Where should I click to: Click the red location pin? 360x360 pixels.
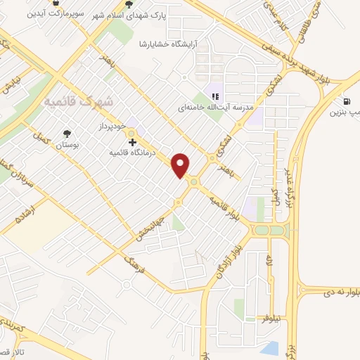(x=181, y=165)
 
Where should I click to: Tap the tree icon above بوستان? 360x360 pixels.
(x=67, y=132)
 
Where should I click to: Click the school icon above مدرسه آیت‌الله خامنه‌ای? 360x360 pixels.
(x=217, y=96)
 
